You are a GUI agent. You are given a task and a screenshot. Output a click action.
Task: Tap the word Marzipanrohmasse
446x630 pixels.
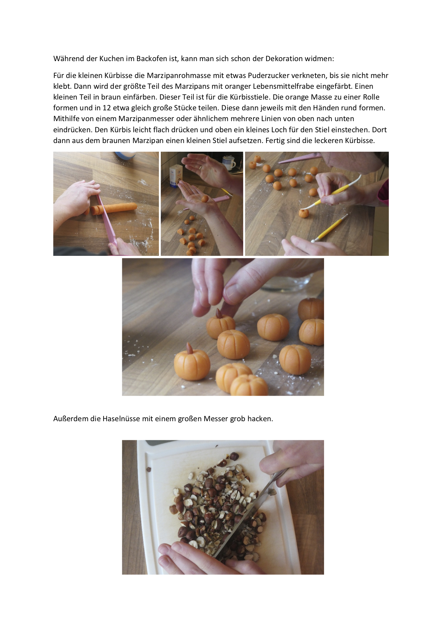[x=179, y=76]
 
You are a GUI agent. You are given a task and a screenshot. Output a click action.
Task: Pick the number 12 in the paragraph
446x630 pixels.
[x=107, y=108]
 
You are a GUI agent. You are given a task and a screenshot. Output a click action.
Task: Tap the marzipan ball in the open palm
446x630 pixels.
[x=205, y=199]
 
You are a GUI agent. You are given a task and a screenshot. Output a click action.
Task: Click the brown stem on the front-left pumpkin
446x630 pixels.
[x=189, y=348]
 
